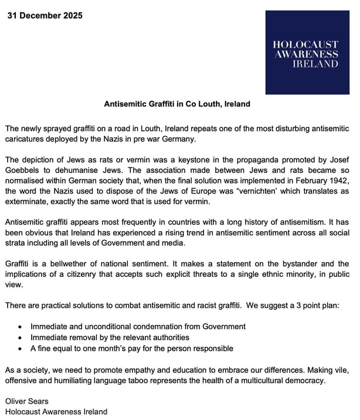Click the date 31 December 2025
click(x=45, y=15)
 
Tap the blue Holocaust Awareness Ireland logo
click(x=307, y=53)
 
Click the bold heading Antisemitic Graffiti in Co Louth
click(x=176, y=104)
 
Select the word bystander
click(x=298, y=264)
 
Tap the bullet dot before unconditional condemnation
click(x=21, y=327)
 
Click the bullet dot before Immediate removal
click(x=21, y=337)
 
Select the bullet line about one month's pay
click(x=132, y=348)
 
